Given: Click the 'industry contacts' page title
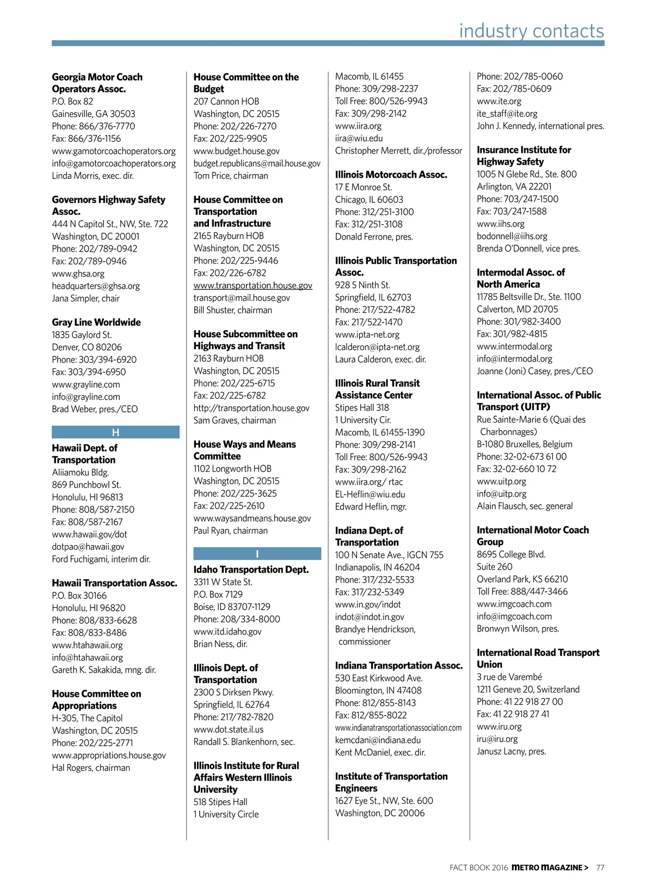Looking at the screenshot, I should coord(531,31).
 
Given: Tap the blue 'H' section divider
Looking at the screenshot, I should coord(115,432).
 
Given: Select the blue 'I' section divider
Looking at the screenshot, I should coord(257,554).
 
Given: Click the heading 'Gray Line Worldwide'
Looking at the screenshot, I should coord(96,323).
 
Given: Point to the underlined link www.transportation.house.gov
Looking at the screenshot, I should coord(253,286).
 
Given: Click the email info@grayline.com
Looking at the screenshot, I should coord(86,397).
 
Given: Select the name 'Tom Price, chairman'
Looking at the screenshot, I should coord(231,176).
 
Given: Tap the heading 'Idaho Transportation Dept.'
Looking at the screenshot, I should coord(251,570).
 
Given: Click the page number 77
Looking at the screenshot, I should coord(600,868).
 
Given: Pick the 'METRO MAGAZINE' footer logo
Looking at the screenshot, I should coord(550,868).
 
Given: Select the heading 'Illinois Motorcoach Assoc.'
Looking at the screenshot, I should coord(391,175).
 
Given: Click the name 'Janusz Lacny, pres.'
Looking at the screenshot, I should coord(512,752).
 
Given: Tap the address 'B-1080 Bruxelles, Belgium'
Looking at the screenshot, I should coord(525,444).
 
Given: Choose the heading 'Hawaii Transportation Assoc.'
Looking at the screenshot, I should coord(114,583).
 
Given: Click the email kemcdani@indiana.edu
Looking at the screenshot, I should coord(378,740).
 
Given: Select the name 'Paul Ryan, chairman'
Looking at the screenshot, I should coord(231,531).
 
